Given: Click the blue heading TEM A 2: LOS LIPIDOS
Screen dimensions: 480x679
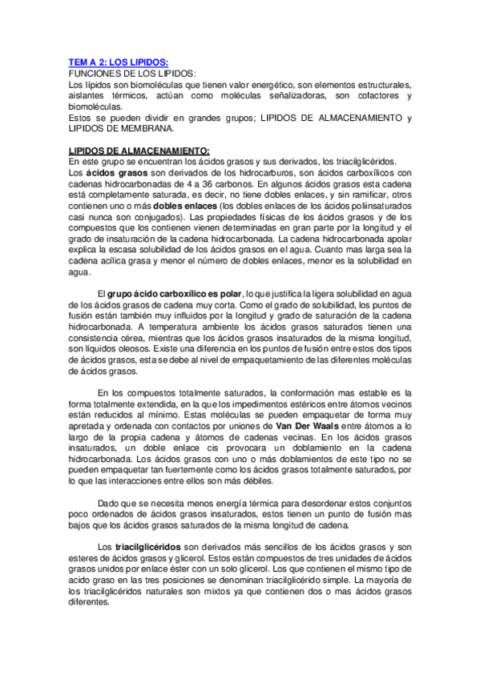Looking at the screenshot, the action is pyautogui.click(x=118, y=62).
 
